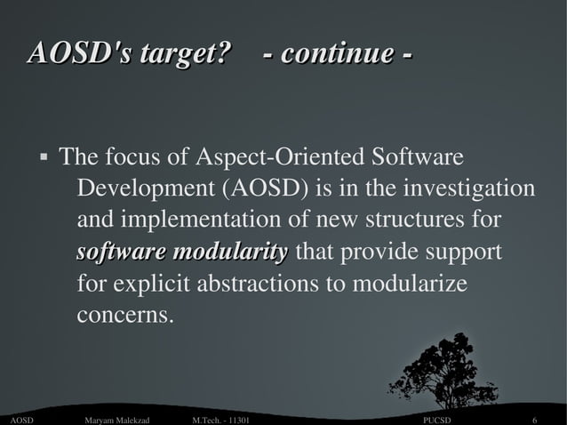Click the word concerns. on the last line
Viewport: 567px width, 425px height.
tap(124, 316)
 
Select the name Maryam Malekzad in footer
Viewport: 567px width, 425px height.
tap(116, 419)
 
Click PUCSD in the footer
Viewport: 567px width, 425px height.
tap(437, 419)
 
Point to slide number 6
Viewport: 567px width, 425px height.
tap(535, 419)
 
